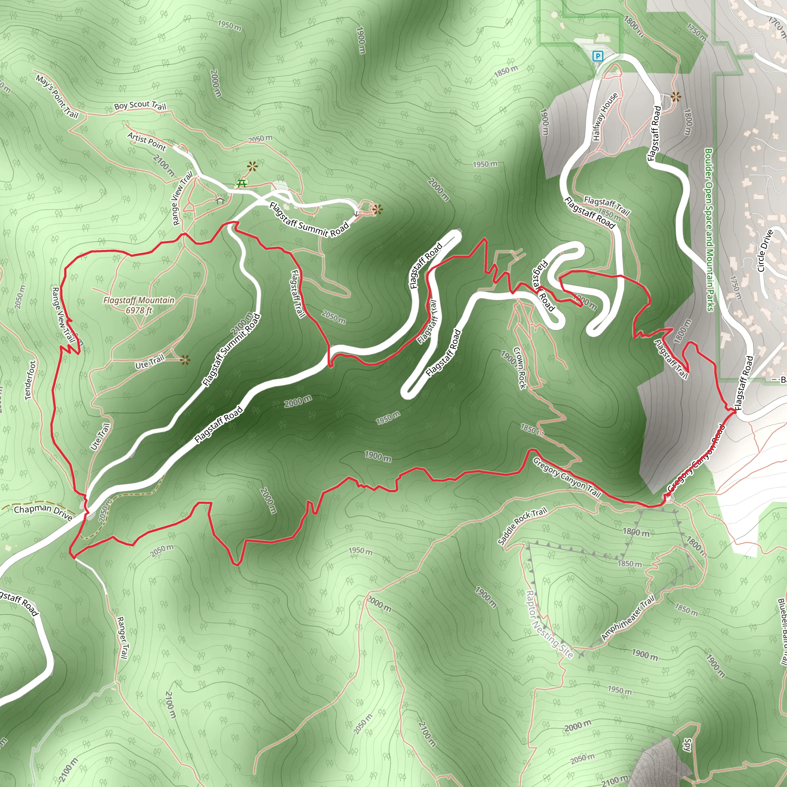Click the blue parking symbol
(x=598, y=56)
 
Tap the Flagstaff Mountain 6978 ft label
(x=138, y=305)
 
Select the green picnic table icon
(x=242, y=184)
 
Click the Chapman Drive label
(x=43, y=513)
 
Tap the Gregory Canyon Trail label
(x=567, y=477)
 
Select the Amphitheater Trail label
(x=628, y=617)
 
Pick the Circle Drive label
(x=765, y=251)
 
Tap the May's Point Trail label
(x=57, y=96)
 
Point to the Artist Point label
(x=147, y=141)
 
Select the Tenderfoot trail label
(x=31, y=380)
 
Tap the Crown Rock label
(x=520, y=367)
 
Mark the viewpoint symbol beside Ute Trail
(x=185, y=360)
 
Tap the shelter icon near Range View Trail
(x=220, y=201)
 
